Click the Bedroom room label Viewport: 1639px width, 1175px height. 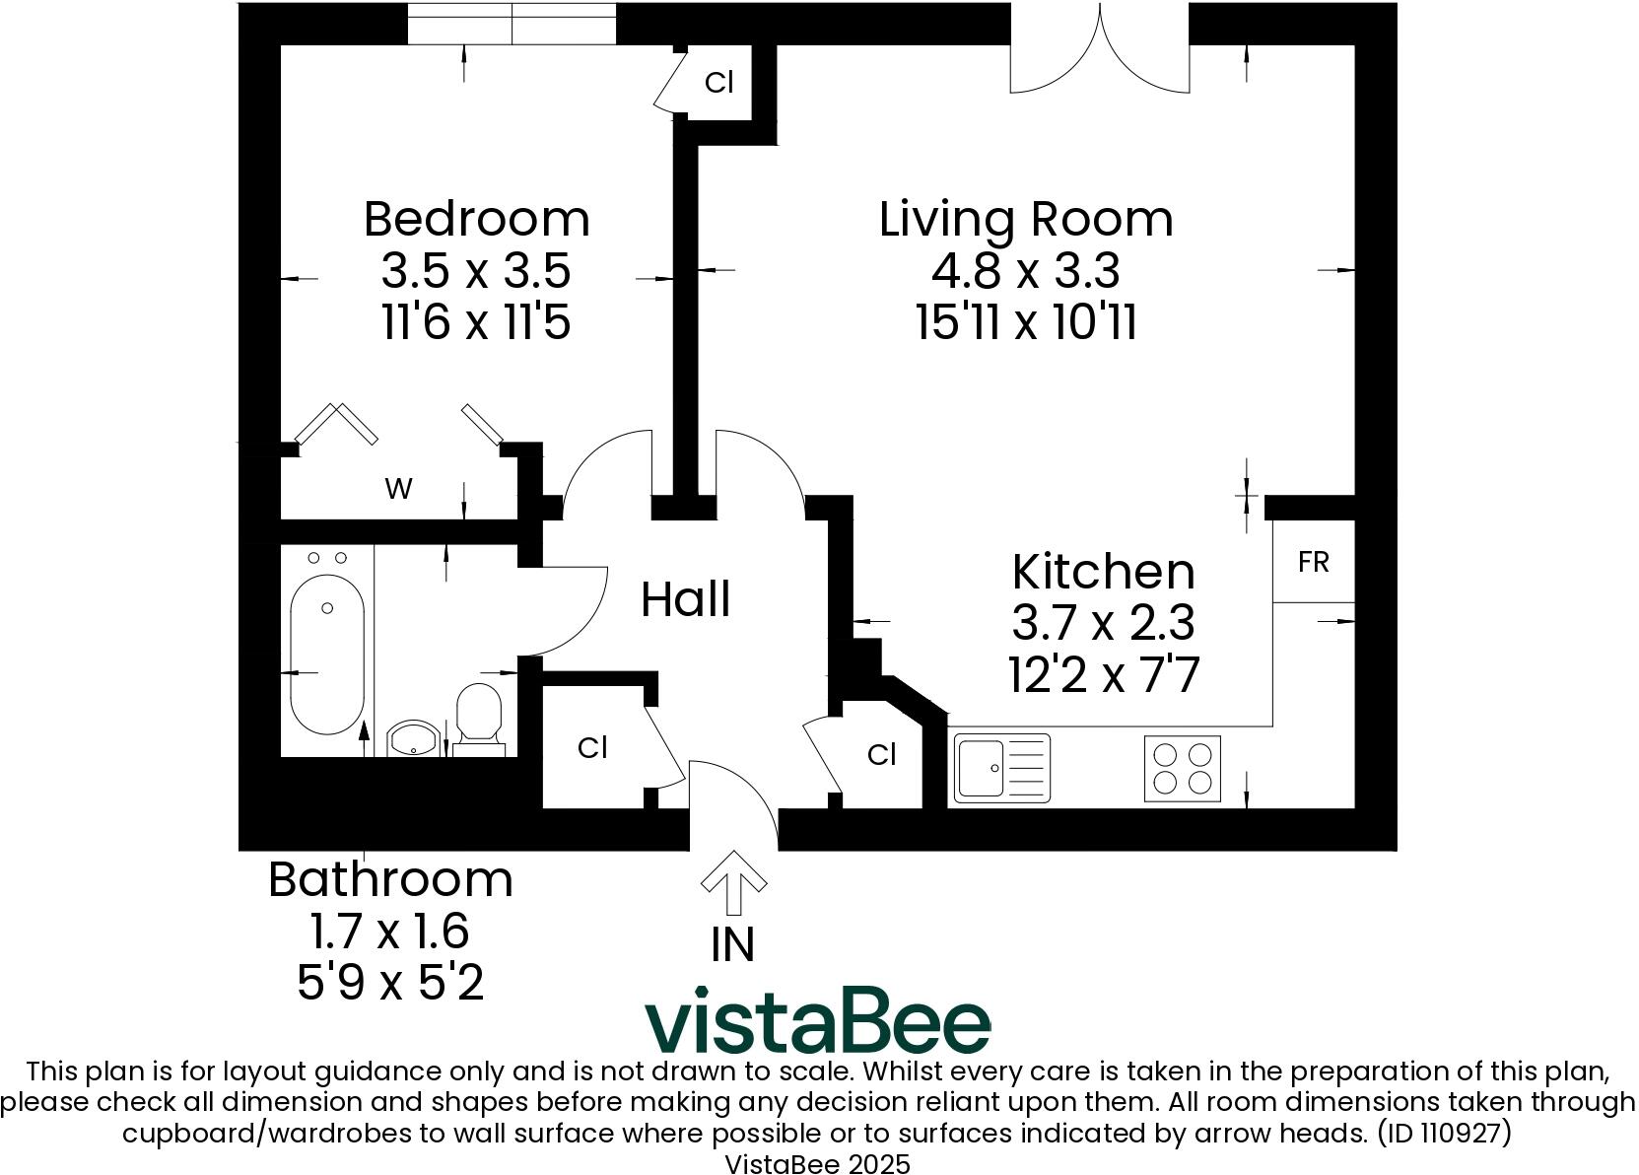tap(477, 219)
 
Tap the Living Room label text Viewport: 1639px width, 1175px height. tap(1026, 219)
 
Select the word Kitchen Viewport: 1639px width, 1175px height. tap(1103, 572)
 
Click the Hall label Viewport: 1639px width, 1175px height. tap(686, 599)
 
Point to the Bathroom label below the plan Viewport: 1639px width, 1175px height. tap(390, 879)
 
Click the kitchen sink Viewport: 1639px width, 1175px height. tap(1000, 767)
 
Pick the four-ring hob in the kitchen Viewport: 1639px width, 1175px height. tap(1182, 768)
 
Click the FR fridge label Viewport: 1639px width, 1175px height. tap(1314, 562)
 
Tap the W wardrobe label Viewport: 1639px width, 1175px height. tap(398, 488)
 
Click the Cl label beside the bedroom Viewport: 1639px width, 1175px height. tap(719, 83)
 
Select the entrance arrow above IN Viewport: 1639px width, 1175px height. tap(732, 881)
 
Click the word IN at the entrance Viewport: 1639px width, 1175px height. tap(732, 944)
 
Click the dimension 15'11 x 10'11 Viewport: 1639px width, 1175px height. tap(1026, 321)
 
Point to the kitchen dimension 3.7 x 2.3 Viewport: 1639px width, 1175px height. tap(1103, 623)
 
